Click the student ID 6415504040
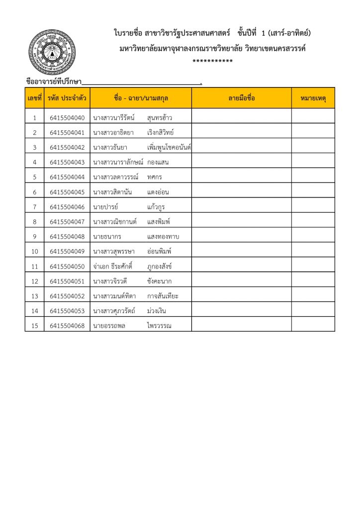(x=67, y=118)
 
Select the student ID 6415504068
(x=67, y=326)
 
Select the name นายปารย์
(x=104, y=207)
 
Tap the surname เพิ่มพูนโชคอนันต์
(x=169, y=148)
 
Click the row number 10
(x=34, y=252)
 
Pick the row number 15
(x=34, y=326)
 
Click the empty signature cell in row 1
(x=242, y=118)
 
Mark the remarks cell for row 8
(x=313, y=222)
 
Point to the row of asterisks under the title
(x=213, y=61)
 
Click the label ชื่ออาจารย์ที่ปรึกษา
(x=54, y=82)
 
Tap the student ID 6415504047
(x=67, y=222)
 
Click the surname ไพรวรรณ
(x=162, y=326)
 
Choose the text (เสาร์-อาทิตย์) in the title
(x=289, y=33)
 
